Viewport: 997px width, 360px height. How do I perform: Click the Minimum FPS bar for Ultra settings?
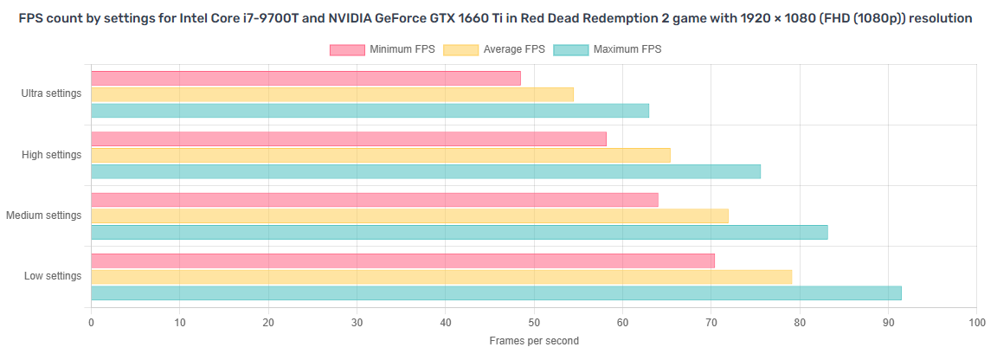(x=306, y=78)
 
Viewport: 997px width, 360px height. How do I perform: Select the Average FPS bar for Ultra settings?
(x=332, y=94)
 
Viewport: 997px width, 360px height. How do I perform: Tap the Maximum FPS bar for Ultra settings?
(x=370, y=111)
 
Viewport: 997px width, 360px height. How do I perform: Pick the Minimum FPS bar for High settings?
(x=349, y=138)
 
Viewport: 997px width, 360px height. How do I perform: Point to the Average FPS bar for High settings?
(x=381, y=155)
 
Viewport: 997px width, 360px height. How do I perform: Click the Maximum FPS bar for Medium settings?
(x=460, y=232)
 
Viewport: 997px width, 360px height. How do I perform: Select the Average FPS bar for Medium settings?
(x=409, y=215)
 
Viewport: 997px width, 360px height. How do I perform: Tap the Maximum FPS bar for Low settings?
(x=496, y=293)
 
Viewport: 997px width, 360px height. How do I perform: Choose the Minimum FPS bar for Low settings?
(x=402, y=260)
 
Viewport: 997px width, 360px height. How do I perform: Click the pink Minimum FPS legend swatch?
(x=347, y=49)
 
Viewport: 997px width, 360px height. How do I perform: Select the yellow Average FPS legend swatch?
(x=460, y=49)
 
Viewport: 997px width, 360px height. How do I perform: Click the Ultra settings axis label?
(x=51, y=93)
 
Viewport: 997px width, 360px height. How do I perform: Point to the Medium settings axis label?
(x=44, y=215)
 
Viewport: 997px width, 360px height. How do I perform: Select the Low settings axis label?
(x=53, y=276)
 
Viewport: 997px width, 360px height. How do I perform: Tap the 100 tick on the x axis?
(x=975, y=323)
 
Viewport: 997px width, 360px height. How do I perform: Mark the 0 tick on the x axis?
(x=92, y=323)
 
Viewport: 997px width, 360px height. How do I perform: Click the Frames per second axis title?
(x=534, y=341)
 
